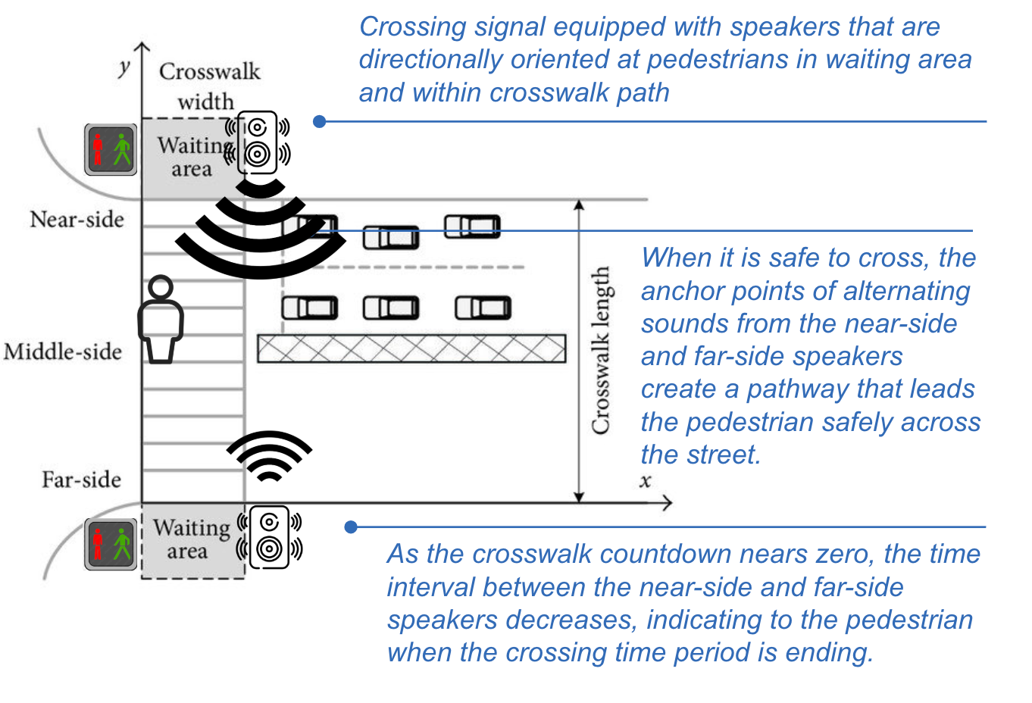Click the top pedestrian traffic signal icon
(x=111, y=149)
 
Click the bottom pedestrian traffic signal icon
(x=111, y=544)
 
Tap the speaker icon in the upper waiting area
(x=258, y=143)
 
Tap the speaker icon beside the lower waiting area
(x=270, y=537)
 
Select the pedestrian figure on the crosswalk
(x=161, y=319)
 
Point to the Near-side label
(x=77, y=220)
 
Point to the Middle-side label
(x=63, y=351)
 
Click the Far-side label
(x=81, y=480)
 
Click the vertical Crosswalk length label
(x=601, y=350)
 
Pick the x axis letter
(x=646, y=481)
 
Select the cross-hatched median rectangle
(x=411, y=348)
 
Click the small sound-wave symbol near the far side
(x=269, y=456)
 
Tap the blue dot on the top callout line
(x=320, y=121)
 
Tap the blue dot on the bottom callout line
(x=351, y=526)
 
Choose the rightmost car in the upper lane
(x=472, y=227)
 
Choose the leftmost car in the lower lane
(x=310, y=308)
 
